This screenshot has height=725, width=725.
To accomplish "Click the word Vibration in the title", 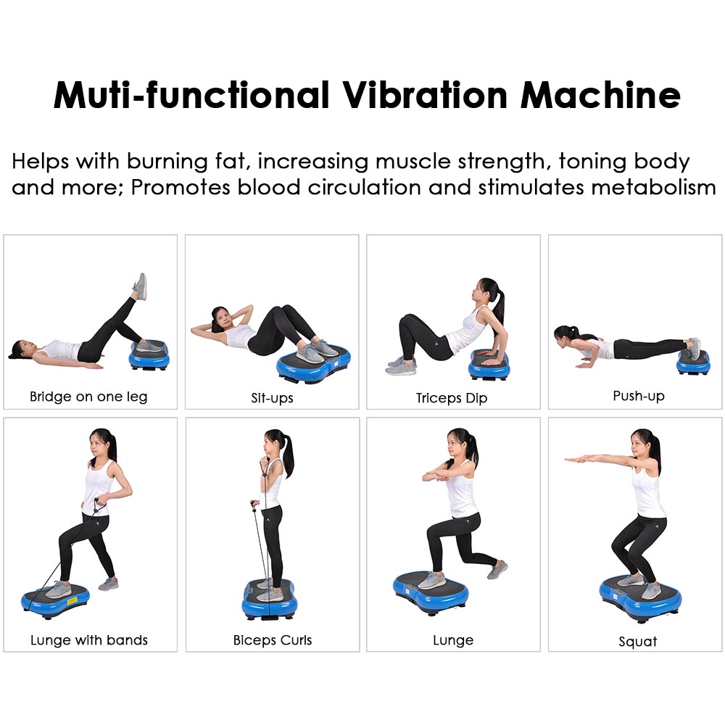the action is coord(425,95).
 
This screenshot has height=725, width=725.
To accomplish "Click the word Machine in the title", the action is coord(600,95).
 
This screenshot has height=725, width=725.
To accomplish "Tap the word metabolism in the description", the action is coord(653,187).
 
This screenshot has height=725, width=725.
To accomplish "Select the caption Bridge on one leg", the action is coord(88,397).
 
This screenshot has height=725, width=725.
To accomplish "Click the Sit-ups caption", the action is coord(272,398).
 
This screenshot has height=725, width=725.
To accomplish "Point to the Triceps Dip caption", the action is coord(451,398).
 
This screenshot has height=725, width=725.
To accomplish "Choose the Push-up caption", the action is coord(639,396).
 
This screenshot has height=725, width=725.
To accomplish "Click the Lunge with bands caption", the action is coord(88,640).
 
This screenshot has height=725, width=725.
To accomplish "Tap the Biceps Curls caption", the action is coord(273,640).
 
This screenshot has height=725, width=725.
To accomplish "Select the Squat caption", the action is coord(637,642).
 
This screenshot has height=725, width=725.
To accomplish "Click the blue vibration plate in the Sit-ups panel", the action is coord(313,365).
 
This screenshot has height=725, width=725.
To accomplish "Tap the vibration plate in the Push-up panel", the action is coord(693,362).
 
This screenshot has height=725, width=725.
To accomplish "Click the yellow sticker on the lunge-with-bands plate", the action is coord(72,601).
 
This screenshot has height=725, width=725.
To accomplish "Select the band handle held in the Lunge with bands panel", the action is coord(99,506).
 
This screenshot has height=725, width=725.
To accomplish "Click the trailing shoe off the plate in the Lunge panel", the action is coord(497,570).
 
